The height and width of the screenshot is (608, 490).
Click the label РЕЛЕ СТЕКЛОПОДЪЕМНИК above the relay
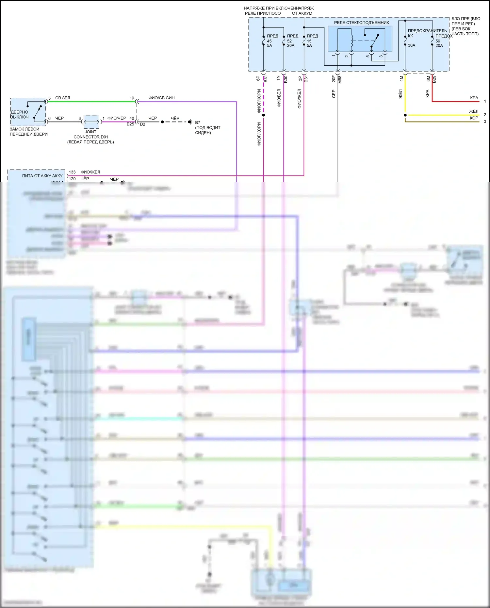361,23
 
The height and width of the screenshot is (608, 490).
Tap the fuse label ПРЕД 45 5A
272,41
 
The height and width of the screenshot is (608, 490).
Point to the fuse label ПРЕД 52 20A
292,41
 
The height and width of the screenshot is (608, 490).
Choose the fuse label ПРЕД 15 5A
312,41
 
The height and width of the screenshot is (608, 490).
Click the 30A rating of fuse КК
411,45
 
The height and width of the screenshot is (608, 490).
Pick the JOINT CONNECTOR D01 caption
90,137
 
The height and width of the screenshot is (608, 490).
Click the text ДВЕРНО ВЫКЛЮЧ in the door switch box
20,114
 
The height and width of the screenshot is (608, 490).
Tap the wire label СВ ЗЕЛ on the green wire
62,98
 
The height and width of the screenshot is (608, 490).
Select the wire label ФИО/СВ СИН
161,98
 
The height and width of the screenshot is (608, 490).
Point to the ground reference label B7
198,123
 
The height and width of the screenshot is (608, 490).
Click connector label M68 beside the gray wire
340,79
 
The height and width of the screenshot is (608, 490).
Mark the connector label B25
130,124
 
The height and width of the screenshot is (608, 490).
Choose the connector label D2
142,124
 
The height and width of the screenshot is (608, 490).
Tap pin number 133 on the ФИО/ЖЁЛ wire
72,172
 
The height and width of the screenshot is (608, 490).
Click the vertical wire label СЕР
334,94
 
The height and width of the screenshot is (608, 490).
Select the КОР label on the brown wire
474,118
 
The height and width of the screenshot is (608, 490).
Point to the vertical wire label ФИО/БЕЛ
279,98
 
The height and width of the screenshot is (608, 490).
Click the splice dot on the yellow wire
405,115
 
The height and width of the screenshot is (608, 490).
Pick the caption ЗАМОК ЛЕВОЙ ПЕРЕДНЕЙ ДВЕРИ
28,131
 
